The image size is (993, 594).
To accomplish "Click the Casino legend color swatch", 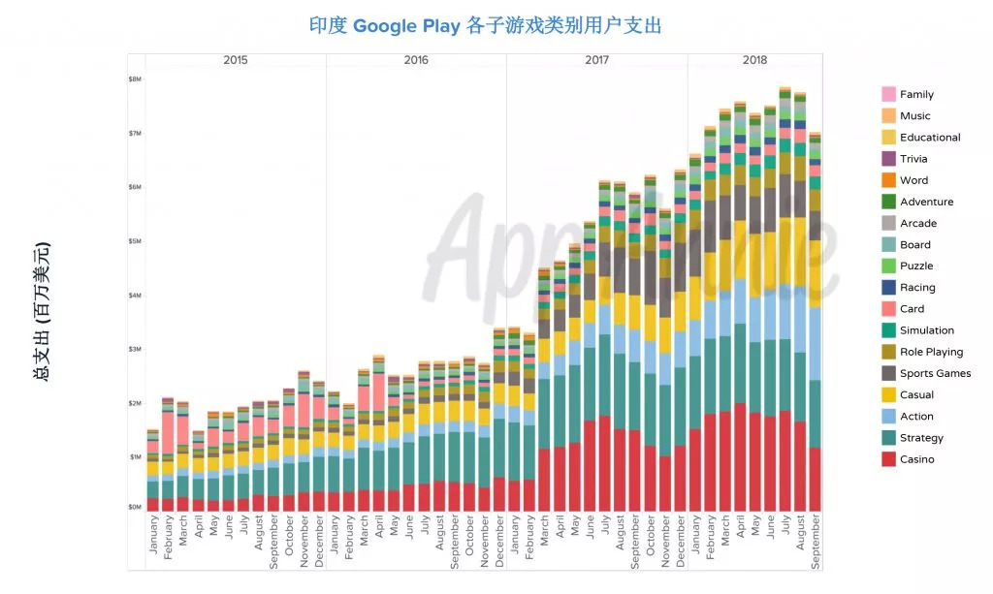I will (888, 459).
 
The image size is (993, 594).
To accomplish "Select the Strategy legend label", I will (921, 438).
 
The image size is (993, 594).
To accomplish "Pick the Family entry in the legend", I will (916, 94).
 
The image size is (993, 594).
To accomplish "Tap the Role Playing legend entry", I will (931, 352).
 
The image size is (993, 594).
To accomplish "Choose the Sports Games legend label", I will (935, 373).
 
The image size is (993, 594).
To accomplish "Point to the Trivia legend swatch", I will (888, 159).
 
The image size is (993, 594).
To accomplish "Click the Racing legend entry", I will (917, 288).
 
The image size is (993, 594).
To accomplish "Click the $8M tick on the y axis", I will (135, 78).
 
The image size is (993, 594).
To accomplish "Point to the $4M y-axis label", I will (135, 295).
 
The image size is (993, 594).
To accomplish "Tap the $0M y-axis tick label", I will (135, 507).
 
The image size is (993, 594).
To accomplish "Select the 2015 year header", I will (235, 60).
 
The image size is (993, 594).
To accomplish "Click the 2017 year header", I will (596, 60).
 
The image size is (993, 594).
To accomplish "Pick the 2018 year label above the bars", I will (754, 60).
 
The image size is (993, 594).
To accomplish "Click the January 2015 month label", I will (153, 534).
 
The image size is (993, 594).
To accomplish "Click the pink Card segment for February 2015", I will (168, 430).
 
